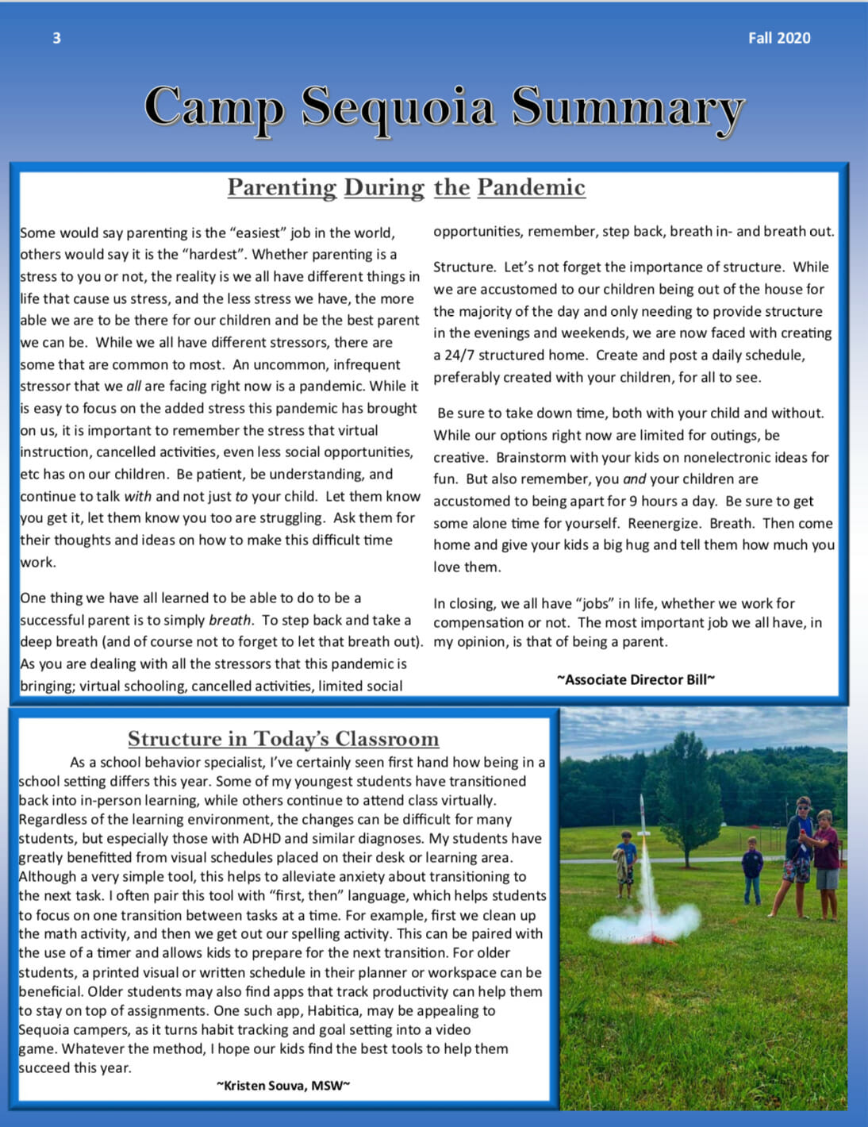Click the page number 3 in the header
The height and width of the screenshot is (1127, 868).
click(x=56, y=38)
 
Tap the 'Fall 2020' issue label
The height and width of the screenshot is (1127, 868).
click(x=778, y=38)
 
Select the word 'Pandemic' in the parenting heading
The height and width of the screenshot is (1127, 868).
click(x=531, y=187)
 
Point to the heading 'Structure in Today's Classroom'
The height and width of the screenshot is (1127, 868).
click(x=283, y=739)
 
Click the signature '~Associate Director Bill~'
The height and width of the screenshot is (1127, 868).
click(x=636, y=679)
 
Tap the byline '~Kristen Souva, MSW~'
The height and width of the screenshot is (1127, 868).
click(x=283, y=1085)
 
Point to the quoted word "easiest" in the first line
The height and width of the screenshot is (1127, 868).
click(x=257, y=233)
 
